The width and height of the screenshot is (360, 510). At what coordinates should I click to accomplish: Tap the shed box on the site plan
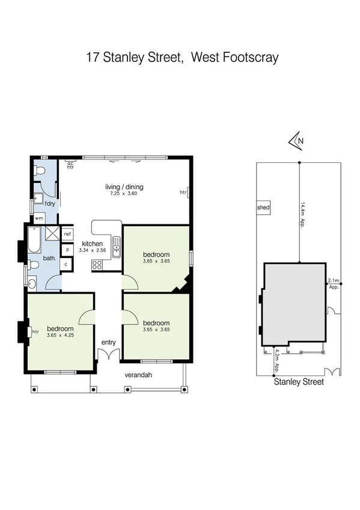click(x=263, y=208)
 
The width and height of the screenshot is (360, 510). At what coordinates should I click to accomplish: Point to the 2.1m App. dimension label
click(x=334, y=284)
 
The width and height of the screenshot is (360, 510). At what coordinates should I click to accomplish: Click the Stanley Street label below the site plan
click(x=299, y=381)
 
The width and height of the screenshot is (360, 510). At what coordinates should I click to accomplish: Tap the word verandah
click(x=139, y=375)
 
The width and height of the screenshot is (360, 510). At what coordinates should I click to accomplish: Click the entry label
click(x=108, y=342)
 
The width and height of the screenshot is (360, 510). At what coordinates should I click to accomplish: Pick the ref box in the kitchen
click(x=67, y=234)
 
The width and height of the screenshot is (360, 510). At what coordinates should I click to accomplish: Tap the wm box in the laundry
click(x=39, y=218)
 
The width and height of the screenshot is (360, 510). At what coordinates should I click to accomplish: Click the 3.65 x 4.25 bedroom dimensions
click(x=60, y=336)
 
